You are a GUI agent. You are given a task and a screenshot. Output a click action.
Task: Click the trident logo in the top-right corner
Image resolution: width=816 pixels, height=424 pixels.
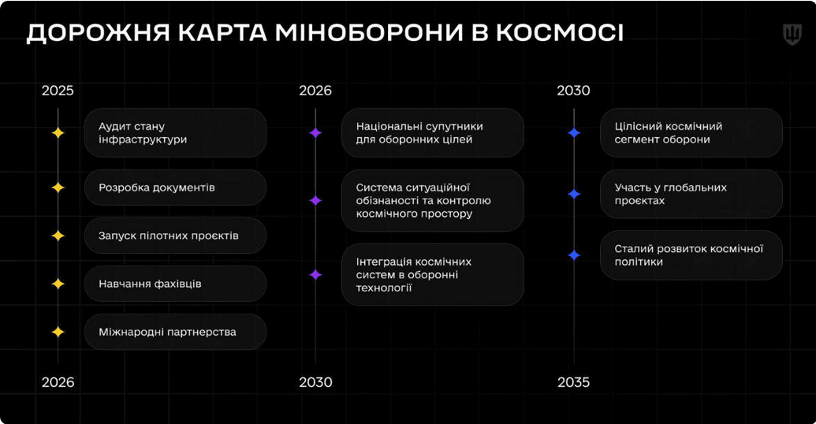click(x=791, y=34)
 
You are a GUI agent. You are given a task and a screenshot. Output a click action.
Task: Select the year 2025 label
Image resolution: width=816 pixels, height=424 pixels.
click(x=58, y=91)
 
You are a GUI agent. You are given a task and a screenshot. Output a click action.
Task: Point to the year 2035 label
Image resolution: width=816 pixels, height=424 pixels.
click(x=573, y=382)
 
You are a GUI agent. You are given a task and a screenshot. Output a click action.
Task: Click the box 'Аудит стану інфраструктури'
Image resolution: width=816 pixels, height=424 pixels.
click(x=175, y=132)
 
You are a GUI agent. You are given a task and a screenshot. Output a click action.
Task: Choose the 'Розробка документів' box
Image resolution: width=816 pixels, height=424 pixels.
click(x=175, y=188)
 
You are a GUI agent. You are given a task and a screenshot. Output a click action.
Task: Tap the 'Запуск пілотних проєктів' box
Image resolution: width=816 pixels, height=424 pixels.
click(x=175, y=236)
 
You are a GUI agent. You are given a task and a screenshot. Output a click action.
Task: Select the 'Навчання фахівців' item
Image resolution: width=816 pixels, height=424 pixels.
click(x=175, y=284)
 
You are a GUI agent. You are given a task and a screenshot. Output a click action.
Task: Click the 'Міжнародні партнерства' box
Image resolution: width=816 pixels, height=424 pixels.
click(x=175, y=332)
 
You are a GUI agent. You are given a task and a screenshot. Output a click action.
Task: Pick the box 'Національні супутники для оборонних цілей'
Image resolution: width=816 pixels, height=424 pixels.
click(x=432, y=132)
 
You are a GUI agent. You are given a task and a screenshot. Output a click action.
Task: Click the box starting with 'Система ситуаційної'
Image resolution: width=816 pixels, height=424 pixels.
click(x=432, y=200)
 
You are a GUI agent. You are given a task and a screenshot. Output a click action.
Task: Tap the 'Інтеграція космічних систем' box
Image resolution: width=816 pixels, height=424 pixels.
click(x=432, y=274)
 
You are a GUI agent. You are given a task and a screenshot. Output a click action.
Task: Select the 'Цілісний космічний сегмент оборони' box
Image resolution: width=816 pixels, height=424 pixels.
click(x=691, y=132)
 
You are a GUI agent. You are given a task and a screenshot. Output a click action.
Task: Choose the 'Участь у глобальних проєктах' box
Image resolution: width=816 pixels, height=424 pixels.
click(x=691, y=194)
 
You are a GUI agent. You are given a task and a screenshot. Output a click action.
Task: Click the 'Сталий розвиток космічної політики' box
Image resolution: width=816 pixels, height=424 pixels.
click(x=691, y=255)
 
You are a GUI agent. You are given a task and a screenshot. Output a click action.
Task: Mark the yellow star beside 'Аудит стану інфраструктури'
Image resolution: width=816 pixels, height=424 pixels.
click(x=58, y=132)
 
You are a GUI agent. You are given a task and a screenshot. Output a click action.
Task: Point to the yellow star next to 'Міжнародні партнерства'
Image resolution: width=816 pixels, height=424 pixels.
click(x=58, y=332)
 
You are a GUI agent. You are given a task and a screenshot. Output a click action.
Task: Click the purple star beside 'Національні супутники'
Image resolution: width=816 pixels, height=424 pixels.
click(x=315, y=132)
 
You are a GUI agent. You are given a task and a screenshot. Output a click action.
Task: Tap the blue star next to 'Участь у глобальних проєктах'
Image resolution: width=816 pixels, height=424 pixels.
click(x=574, y=194)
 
